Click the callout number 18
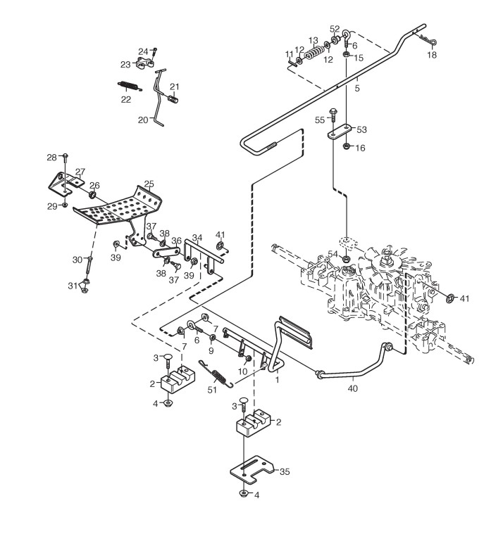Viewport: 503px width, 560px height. [x=432, y=55]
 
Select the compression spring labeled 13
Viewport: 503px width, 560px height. [x=313, y=53]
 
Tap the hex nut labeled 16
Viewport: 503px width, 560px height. [x=346, y=146]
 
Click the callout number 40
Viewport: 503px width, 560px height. [x=352, y=388]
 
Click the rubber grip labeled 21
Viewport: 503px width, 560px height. [x=173, y=98]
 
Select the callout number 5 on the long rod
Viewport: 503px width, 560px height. [x=357, y=88]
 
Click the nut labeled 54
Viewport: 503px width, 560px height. [x=346, y=258]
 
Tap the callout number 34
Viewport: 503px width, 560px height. [x=197, y=238]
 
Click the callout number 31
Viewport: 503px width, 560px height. [x=73, y=286]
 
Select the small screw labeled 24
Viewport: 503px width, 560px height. [x=154, y=53]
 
